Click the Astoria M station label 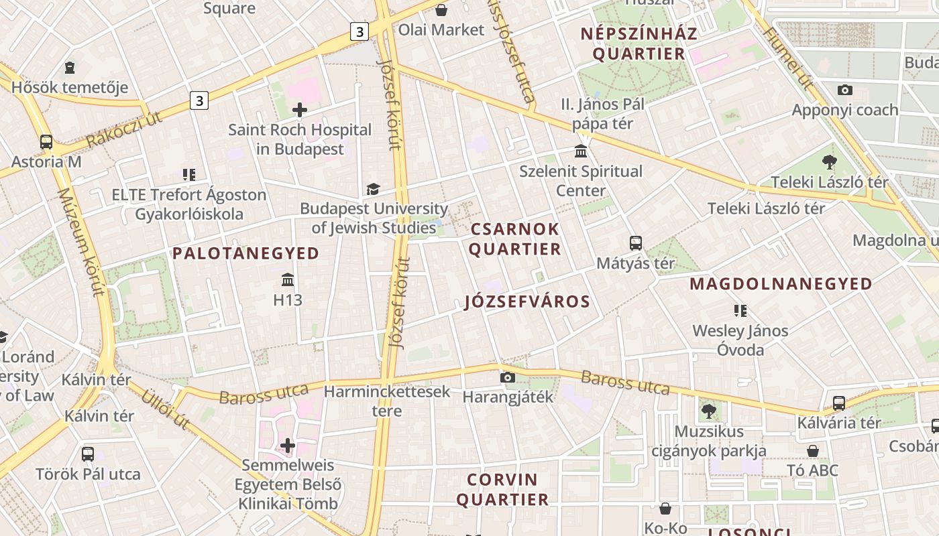[x=46, y=161]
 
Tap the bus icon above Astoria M [x=46, y=142]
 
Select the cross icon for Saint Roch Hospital [x=300, y=110]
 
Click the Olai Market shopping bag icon [x=441, y=10]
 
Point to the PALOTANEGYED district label [x=245, y=253]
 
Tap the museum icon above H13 [x=288, y=279]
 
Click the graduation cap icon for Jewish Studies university [x=373, y=190]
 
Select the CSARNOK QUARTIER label [x=515, y=239]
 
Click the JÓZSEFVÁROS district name [x=527, y=301]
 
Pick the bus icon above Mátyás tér [x=635, y=243]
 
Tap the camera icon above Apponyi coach [x=844, y=90]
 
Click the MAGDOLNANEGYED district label [x=781, y=283]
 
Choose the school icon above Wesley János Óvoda [x=740, y=310]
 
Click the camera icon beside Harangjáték [x=508, y=378]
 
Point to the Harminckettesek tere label [x=387, y=401]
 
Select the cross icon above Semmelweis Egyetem [x=288, y=446]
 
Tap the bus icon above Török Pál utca [x=88, y=454]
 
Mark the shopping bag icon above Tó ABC [x=813, y=450]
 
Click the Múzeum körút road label [x=81, y=242]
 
